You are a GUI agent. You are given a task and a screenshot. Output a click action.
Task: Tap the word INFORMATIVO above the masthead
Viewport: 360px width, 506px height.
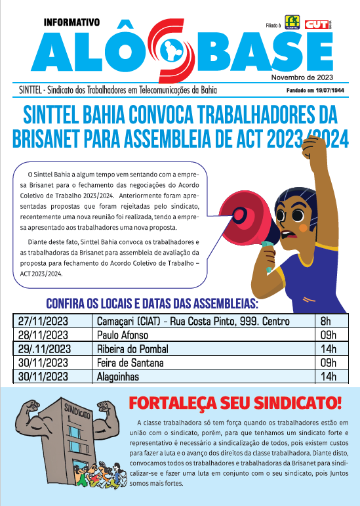pyautogui.click(x=71, y=22)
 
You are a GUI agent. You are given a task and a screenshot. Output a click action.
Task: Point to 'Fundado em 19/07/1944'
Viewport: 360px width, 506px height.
pyautogui.click(x=315, y=91)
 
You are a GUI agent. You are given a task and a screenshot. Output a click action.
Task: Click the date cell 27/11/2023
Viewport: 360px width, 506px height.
pyautogui.click(x=44, y=322)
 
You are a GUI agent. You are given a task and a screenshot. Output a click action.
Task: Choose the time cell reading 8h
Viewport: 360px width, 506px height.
pyautogui.click(x=326, y=322)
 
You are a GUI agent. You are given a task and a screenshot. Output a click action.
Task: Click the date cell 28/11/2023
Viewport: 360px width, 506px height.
pyautogui.click(x=44, y=335)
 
